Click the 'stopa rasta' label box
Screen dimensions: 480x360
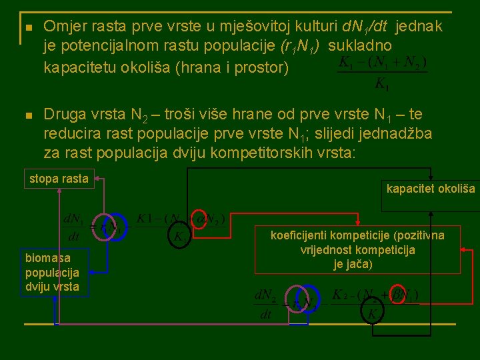point(59,178)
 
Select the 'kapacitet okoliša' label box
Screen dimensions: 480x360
point(431,189)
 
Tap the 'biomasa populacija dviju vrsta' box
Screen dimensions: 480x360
point(52,272)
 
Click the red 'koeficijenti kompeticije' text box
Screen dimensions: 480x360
point(357,250)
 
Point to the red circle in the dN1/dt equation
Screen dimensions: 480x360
point(198,218)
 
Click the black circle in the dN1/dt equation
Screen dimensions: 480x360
point(179,237)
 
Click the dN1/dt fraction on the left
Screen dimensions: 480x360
point(72,227)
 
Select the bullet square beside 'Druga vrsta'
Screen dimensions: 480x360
point(27,117)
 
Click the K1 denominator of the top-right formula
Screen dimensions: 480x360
point(382,84)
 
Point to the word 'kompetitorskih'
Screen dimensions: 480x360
point(262,153)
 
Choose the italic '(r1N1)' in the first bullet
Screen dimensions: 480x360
point(299,46)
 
